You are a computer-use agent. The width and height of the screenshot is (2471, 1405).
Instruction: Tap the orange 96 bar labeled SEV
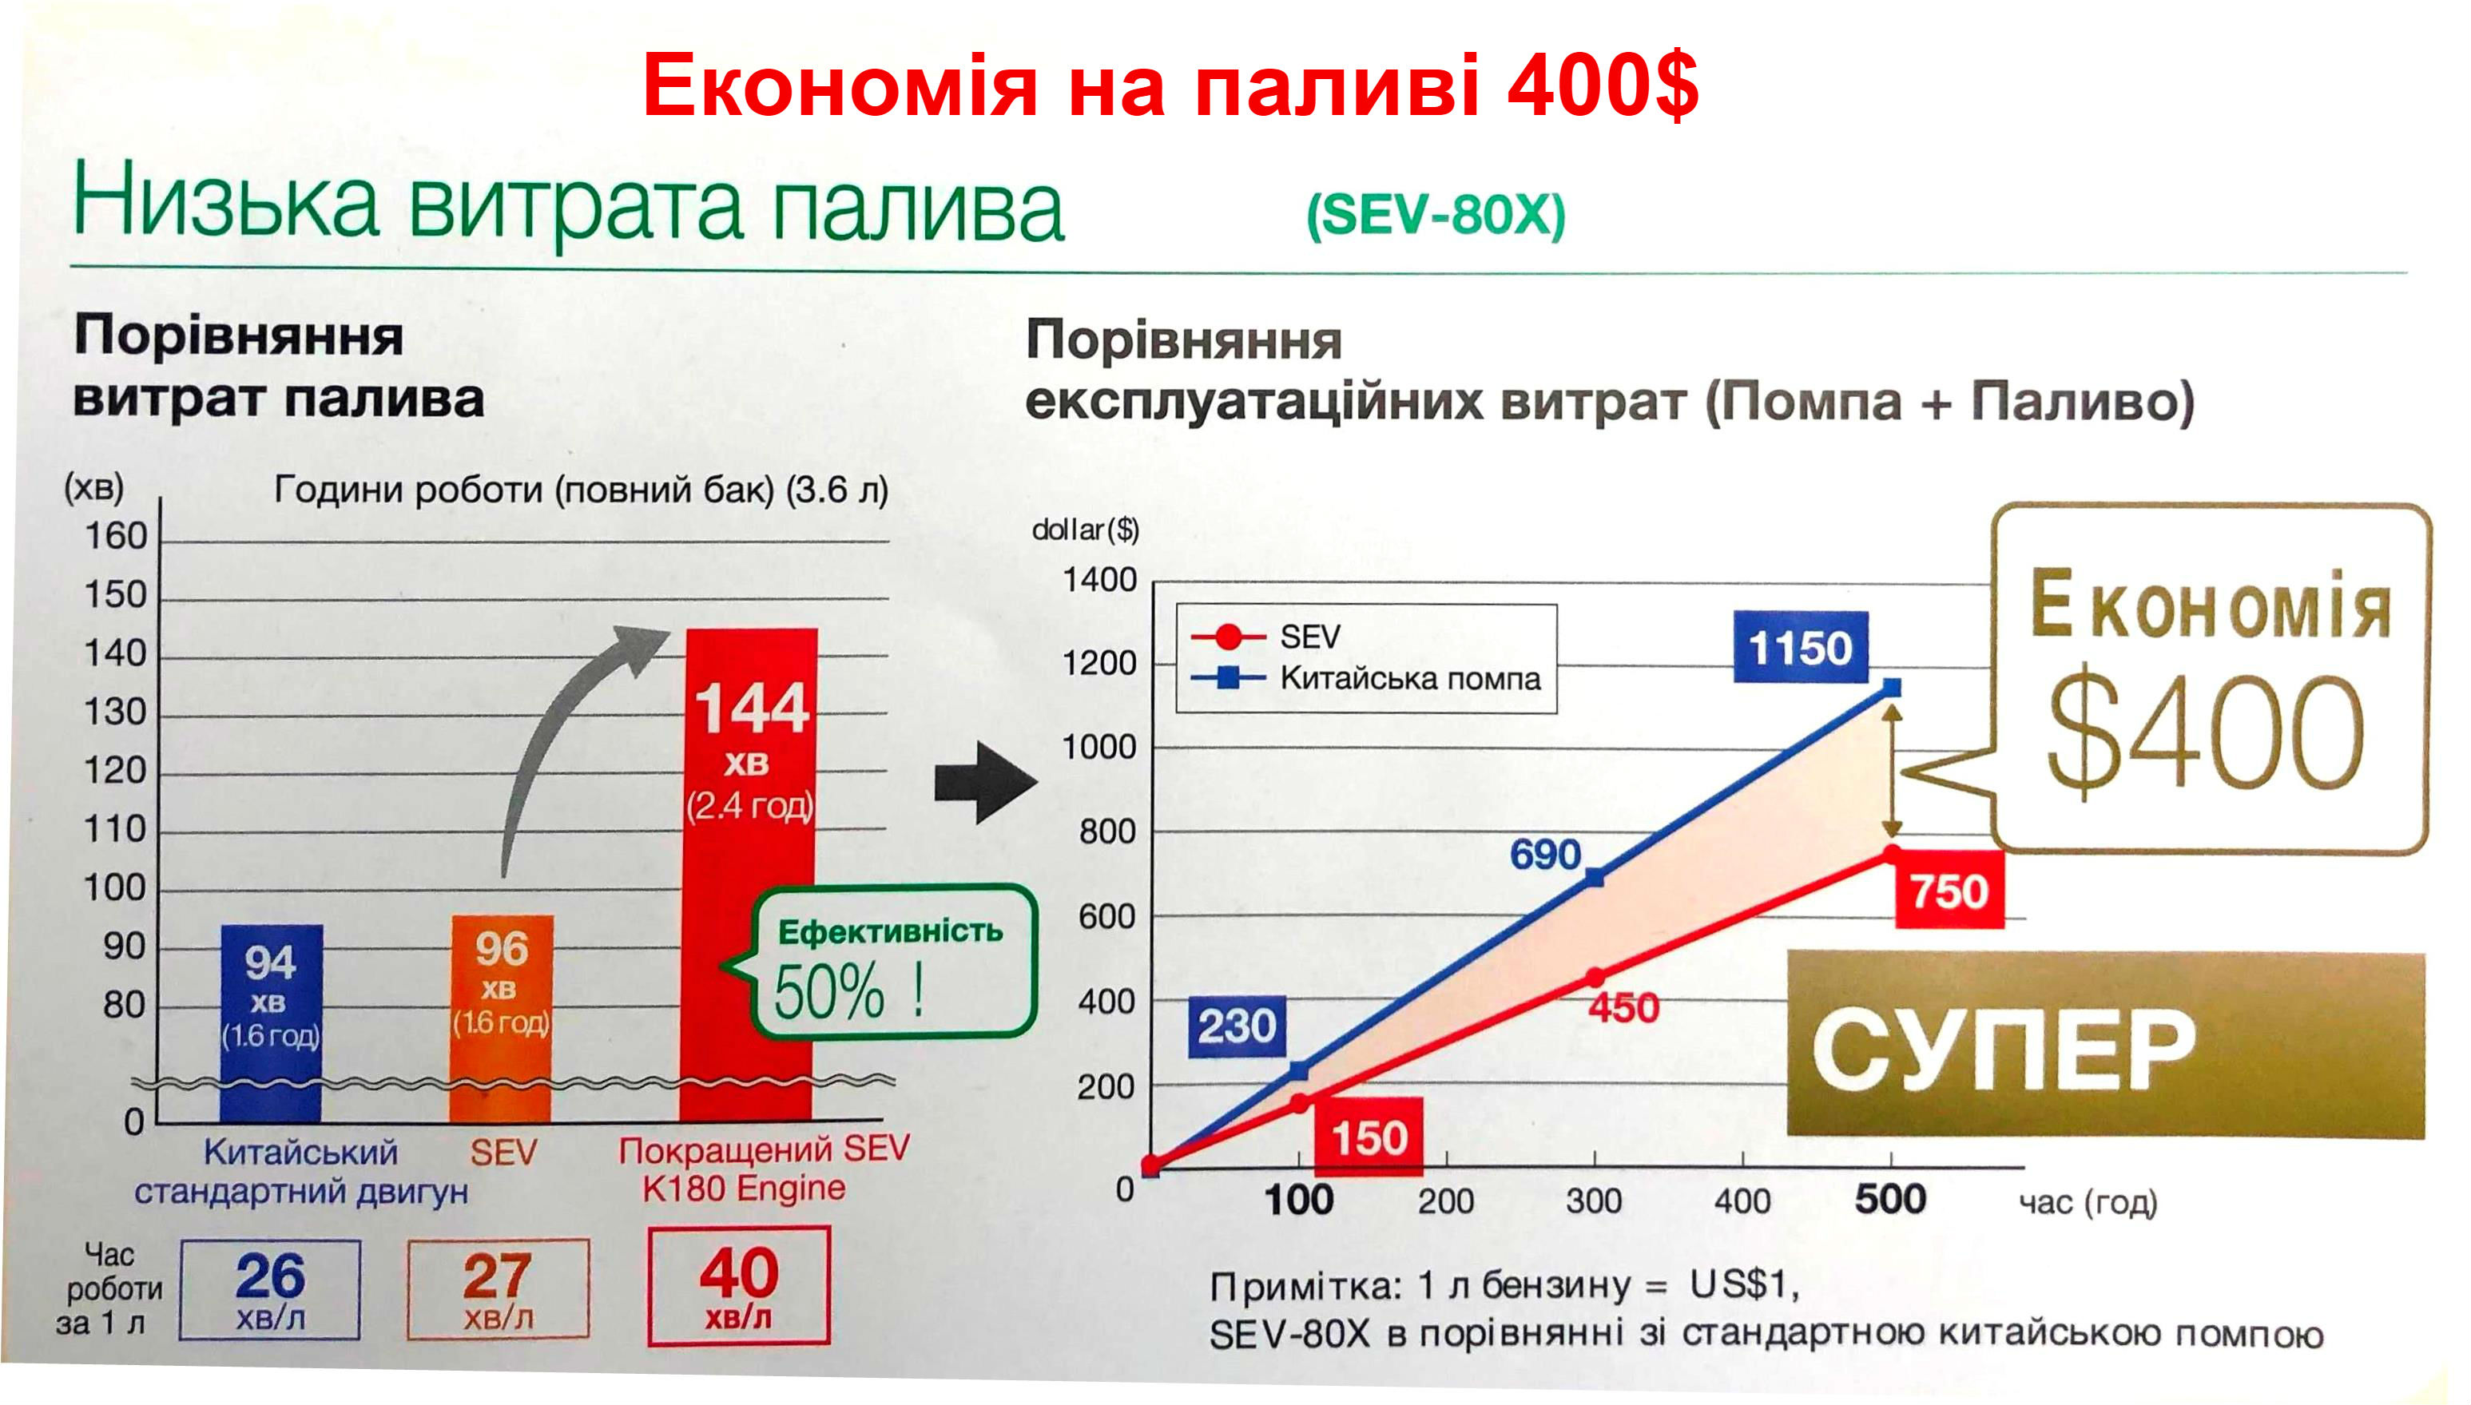coord(502,1018)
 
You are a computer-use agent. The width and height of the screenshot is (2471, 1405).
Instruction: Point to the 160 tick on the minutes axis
coord(116,535)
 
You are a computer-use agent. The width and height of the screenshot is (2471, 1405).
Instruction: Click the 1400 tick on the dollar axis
coord(1099,580)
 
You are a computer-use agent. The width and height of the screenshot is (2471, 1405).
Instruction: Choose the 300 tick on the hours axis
coord(1593,1201)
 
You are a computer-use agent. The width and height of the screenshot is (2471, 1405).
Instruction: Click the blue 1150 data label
coord(1801,646)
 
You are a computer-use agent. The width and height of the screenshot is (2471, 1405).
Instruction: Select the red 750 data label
coord(1949,890)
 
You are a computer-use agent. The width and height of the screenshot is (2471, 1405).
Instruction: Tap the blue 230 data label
coord(1237,1026)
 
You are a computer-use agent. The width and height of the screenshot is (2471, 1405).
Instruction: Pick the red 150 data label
coord(1369,1137)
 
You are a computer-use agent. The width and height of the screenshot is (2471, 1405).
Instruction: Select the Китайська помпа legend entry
coord(1366,678)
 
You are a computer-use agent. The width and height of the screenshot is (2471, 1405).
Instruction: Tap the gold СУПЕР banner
coord(2105,1044)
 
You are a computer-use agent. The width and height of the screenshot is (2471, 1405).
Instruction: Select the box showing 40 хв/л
coord(739,1285)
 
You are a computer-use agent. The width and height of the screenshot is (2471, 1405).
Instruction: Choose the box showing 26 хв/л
coord(270,1290)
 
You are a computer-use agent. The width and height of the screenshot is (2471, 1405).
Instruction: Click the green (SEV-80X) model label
coord(1436,215)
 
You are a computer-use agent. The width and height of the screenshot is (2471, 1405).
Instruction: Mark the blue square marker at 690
coord(1595,877)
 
